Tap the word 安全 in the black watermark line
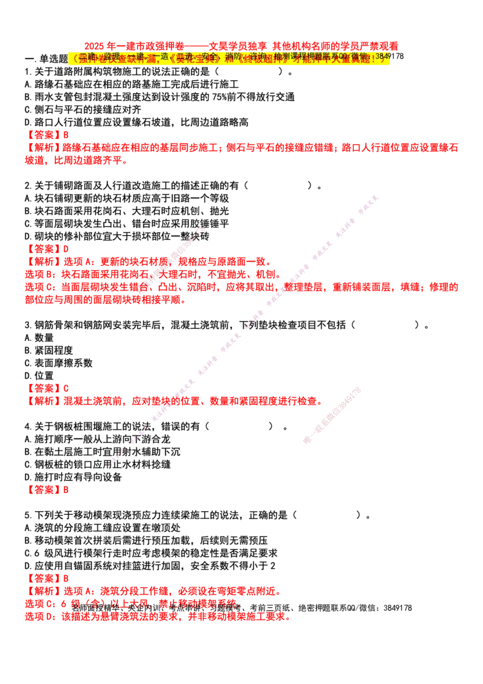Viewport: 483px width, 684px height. tap(209, 56)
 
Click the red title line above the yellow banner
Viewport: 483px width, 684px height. tap(241, 45)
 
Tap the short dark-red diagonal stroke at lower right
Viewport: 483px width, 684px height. tap(332, 416)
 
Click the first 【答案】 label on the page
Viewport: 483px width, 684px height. tap(45, 135)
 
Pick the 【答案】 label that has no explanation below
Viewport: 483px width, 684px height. tap(45, 489)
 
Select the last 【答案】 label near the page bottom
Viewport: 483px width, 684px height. tap(45, 579)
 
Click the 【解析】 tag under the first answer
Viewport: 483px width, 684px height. tap(45, 146)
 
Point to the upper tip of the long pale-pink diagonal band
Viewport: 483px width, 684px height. tap(377, 198)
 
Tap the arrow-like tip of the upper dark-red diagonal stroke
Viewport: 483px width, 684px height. tap(202, 230)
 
